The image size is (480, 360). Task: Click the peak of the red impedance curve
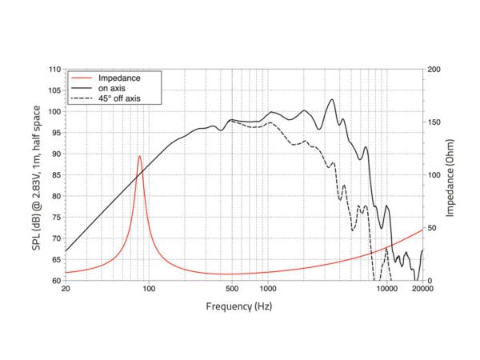[x=140, y=156]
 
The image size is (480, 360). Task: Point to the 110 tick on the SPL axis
[x=54, y=70]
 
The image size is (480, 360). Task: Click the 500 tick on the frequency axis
[x=231, y=290]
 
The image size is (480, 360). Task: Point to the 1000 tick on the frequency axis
[x=267, y=290]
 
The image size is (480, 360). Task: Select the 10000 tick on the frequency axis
[x=387, y=290]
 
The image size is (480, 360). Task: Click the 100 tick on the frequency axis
[x=148, y=290]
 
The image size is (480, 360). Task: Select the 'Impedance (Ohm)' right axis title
[x=453, y=175]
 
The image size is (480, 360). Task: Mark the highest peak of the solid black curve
[x=332, y=100]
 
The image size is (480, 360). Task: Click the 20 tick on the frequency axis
[x=65, y=290]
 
